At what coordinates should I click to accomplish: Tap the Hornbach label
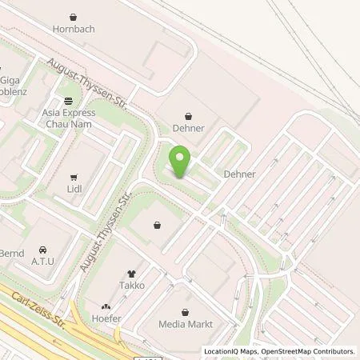click(x=74, y=30)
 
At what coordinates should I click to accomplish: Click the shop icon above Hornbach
click(x=74, y=16)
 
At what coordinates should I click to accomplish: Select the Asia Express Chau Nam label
click(x=69, y=118)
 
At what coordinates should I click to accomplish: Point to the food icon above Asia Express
click(x=69, y=101)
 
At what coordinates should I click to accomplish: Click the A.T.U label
click(x=42, y=261)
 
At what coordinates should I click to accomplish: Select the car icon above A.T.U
click(x=42, y=247)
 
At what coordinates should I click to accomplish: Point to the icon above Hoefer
click(x=106, y=306)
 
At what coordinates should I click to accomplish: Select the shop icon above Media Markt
click(x=186, y=310)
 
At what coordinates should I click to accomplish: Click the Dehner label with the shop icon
click(x=189, y=127)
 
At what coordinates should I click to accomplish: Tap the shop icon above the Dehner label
click(x=189, y=114)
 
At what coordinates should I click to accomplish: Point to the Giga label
click(x=10, y=80)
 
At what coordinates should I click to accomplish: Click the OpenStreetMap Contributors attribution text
click(x=310, y=351)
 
